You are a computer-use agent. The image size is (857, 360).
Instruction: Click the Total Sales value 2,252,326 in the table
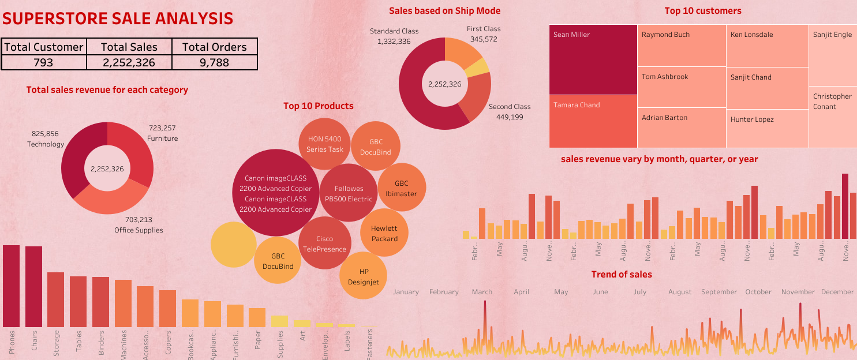(x=129, y=62)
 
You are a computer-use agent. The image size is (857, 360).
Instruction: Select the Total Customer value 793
(x=44, y=62)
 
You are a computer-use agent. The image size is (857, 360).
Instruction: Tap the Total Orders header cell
(x=214, y=47)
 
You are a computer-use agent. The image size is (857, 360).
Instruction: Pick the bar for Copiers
(x=167, y=309)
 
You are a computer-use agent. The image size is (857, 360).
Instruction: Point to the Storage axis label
(x=56, y=342)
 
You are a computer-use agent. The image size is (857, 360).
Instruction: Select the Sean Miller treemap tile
(x=593, y=59)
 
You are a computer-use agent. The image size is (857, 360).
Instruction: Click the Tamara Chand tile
(x=593, y=121)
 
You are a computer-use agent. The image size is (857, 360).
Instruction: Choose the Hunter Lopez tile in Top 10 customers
(x=767, y=128)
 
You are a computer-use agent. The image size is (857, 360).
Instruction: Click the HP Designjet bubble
(x=364, y=276)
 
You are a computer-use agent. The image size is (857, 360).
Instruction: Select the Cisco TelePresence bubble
(x=324, y=244)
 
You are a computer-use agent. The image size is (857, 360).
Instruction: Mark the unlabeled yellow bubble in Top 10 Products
(x=233, y=245)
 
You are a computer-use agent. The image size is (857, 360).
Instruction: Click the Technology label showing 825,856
(x=46, y=139)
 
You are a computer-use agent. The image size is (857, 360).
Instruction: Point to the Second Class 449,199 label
(x=509, y=112)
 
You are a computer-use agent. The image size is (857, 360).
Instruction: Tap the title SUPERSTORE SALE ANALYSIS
(x=118, y=18)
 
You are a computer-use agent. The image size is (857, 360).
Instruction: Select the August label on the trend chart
(x=679, y=292)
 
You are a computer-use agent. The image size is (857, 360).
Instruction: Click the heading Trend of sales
(x=621, y=275)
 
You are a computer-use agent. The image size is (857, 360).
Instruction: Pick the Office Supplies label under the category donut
(x=139, y=225)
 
